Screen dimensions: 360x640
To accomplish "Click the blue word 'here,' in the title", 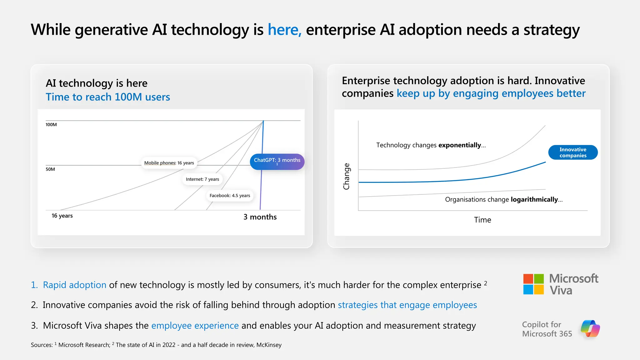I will [x=284, y=30].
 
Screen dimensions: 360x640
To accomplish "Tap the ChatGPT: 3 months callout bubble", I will [x=277, y=161].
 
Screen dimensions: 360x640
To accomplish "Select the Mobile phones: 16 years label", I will [x=169, y=163].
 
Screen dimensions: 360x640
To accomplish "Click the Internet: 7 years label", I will [x=202, y=179].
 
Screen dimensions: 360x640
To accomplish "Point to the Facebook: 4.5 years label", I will [x=230, y=196].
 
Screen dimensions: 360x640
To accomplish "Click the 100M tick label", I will [x=51, y=125].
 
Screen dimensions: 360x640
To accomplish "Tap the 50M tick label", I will [x=50, y=169].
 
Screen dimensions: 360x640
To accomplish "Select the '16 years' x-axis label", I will [x=62, y=216].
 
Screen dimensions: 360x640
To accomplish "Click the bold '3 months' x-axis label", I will [x=260, y=217].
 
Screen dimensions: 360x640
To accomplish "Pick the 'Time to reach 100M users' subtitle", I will [x=108, y=97].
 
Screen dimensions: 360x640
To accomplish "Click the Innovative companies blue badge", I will [x=572, y=152].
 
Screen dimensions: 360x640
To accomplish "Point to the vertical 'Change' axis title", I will [x=347, y=176].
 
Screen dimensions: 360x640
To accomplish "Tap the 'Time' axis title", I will [x=482, y=220].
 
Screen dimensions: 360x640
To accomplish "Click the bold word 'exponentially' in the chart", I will [x=459, y=145].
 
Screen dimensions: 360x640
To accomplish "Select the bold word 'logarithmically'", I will [x=534, y=200].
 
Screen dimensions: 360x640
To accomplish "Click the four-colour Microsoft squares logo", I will [x=533, y=284].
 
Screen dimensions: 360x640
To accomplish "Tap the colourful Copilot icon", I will [x=590, y=329].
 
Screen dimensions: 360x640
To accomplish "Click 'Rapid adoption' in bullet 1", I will [x=74, y=285].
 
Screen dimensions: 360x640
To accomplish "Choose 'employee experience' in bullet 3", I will [x=195, y=326].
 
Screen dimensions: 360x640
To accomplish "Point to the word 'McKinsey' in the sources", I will [x=269, y=345].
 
